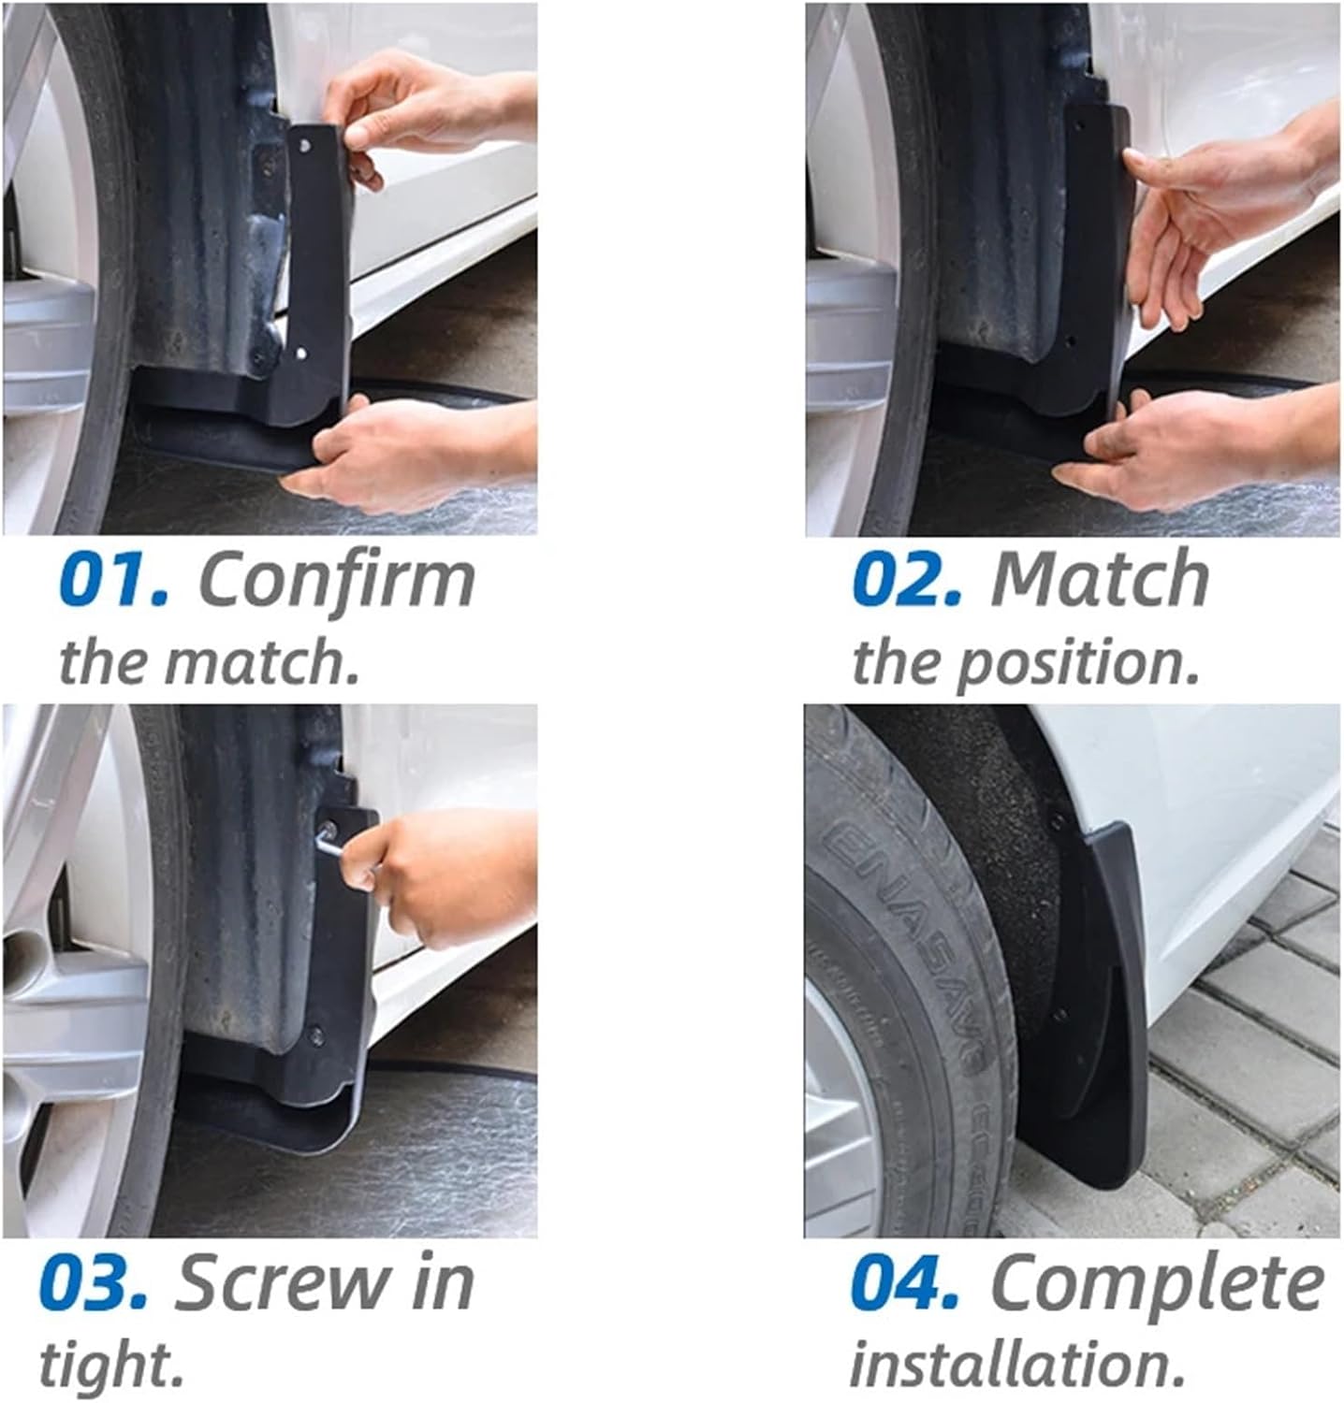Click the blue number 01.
click(x=112, y=581)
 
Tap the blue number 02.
click(x=906, y=581)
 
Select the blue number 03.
click(x=94, y=1284)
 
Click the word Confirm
click(x=337, y=581)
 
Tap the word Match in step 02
click(x=1100, y=581)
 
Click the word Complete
click(x=1156, y=1284)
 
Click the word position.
click(x=1076, y=662)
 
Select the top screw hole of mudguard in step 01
click(x=305, y=144)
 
